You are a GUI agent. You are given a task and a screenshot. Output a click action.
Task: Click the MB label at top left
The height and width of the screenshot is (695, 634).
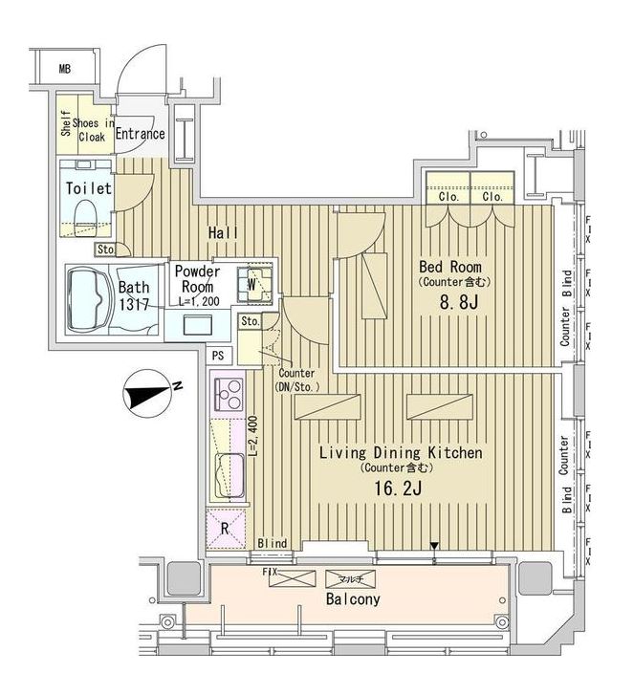point(64,68)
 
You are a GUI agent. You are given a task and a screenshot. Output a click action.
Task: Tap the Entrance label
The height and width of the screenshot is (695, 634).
point(141,134)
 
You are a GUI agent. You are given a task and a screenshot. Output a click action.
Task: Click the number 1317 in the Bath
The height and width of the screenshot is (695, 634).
point(133,305)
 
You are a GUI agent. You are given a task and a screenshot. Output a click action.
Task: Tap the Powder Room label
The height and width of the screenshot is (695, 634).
point(197,279)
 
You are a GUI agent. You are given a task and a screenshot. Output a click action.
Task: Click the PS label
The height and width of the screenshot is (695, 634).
point(219,355)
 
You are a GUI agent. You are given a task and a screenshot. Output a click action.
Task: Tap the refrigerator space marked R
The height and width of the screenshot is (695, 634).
point(226,527)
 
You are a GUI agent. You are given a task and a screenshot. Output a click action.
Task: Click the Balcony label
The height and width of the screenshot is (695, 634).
point(353,599)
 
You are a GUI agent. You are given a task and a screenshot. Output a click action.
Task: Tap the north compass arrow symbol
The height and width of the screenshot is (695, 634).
point(145,393)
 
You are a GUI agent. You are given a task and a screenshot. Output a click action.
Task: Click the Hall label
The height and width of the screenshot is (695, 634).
point(225,232)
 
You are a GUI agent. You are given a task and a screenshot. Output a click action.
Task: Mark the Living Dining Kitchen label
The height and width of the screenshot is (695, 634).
point(401,452)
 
